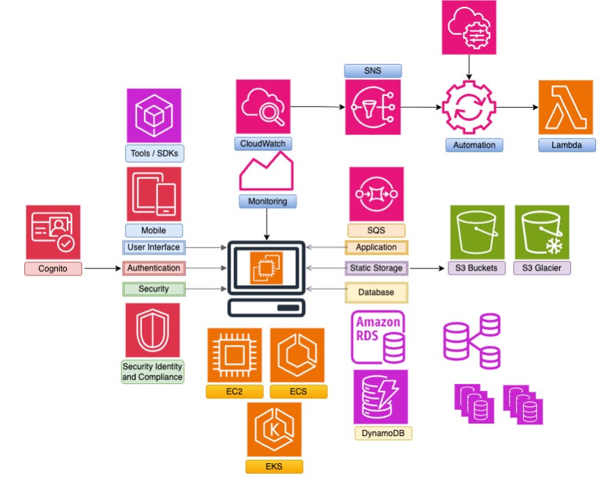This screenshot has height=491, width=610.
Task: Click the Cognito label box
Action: [x=53, y=268]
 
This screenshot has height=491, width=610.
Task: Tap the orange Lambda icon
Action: [x=565, y=107]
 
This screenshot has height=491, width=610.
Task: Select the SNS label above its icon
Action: [x=373, y=70]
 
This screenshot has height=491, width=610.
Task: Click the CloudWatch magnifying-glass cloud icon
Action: [x=263, y=107]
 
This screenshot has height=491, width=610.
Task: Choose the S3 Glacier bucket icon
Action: [x=542, y=232]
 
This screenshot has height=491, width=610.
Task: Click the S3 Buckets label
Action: [x=476, y=268]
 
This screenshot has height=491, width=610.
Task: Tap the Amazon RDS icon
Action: [x=377, y=337]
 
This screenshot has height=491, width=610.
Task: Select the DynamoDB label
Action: [x=382, y=433]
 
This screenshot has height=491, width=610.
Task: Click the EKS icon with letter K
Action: [x=274, y=428]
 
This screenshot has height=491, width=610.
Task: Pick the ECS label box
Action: [x=298, y=392]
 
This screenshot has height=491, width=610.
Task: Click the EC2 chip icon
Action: [x=234, y=355]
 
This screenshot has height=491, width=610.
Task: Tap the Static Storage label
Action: [x=376, y=268]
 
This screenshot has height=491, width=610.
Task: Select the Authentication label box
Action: [x=154, y=268]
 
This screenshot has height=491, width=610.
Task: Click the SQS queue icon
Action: [x=376, y=193]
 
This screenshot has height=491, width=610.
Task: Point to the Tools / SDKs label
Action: [x=153, y=152]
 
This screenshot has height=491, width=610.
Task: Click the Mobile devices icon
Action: [x=154, y=193]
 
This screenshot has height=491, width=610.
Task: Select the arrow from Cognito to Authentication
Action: [x=102, y=268]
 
